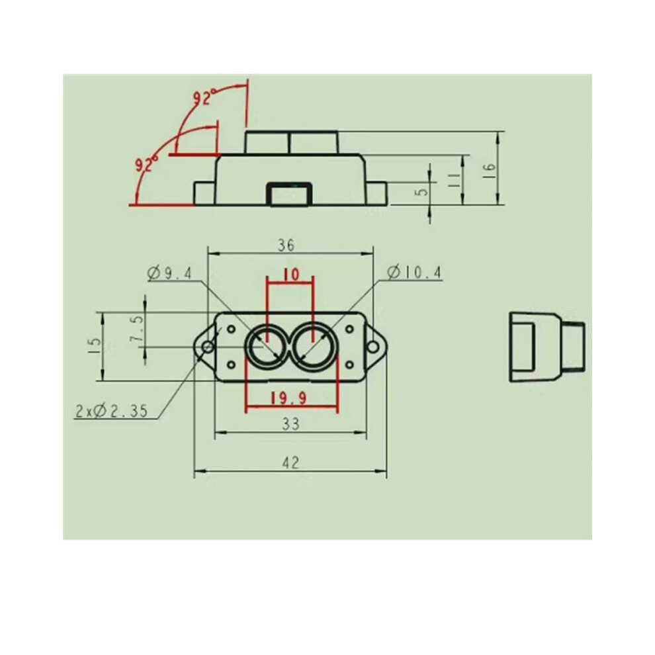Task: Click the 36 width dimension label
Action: [x=286, y=245]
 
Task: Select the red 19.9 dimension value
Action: [x=289, y=398]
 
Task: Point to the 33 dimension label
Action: [x=290, y=424]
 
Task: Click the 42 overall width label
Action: [x=290, y=463]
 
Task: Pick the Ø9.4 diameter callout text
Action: [x=169, y=274]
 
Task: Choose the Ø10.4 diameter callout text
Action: [x=414, y=273]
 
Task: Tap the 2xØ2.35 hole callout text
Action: [x=112, y=411]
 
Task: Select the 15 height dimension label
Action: [x=95, y=345]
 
